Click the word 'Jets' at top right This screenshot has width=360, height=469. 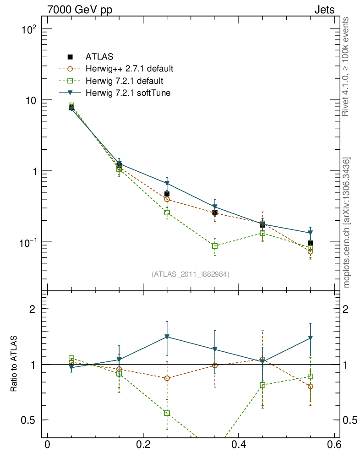324,10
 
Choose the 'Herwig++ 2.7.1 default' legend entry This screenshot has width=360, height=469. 129,69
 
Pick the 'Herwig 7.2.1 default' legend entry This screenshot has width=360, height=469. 124,81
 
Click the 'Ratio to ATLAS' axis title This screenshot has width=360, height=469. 14,364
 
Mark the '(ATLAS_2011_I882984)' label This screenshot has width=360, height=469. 191,274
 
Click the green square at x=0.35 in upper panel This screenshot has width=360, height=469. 215,246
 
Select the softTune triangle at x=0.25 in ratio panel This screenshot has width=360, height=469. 167,337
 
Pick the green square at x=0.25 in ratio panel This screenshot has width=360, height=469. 167,413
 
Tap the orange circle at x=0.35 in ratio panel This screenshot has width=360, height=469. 215,365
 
